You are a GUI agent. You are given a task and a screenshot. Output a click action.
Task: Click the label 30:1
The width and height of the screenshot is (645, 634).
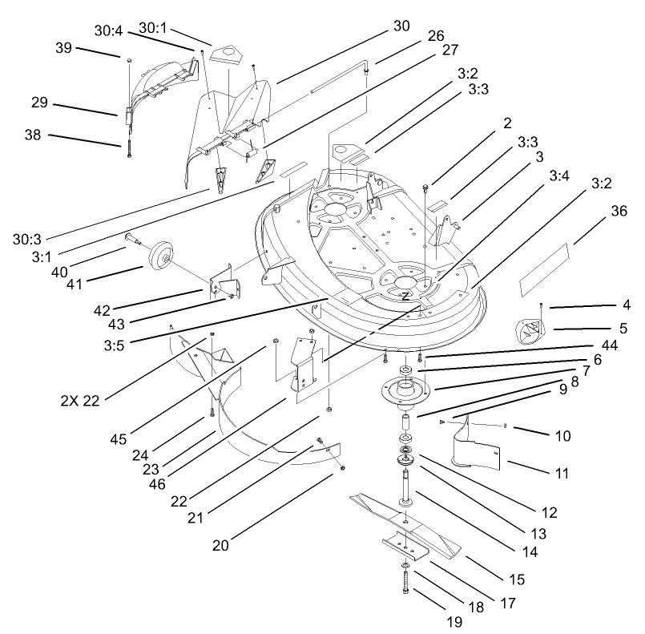(x=155, y=28)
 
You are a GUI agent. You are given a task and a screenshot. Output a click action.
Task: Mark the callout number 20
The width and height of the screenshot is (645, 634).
(x=220, y=544)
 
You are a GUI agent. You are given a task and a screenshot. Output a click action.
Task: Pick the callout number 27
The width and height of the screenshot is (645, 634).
(x=449, y=50)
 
